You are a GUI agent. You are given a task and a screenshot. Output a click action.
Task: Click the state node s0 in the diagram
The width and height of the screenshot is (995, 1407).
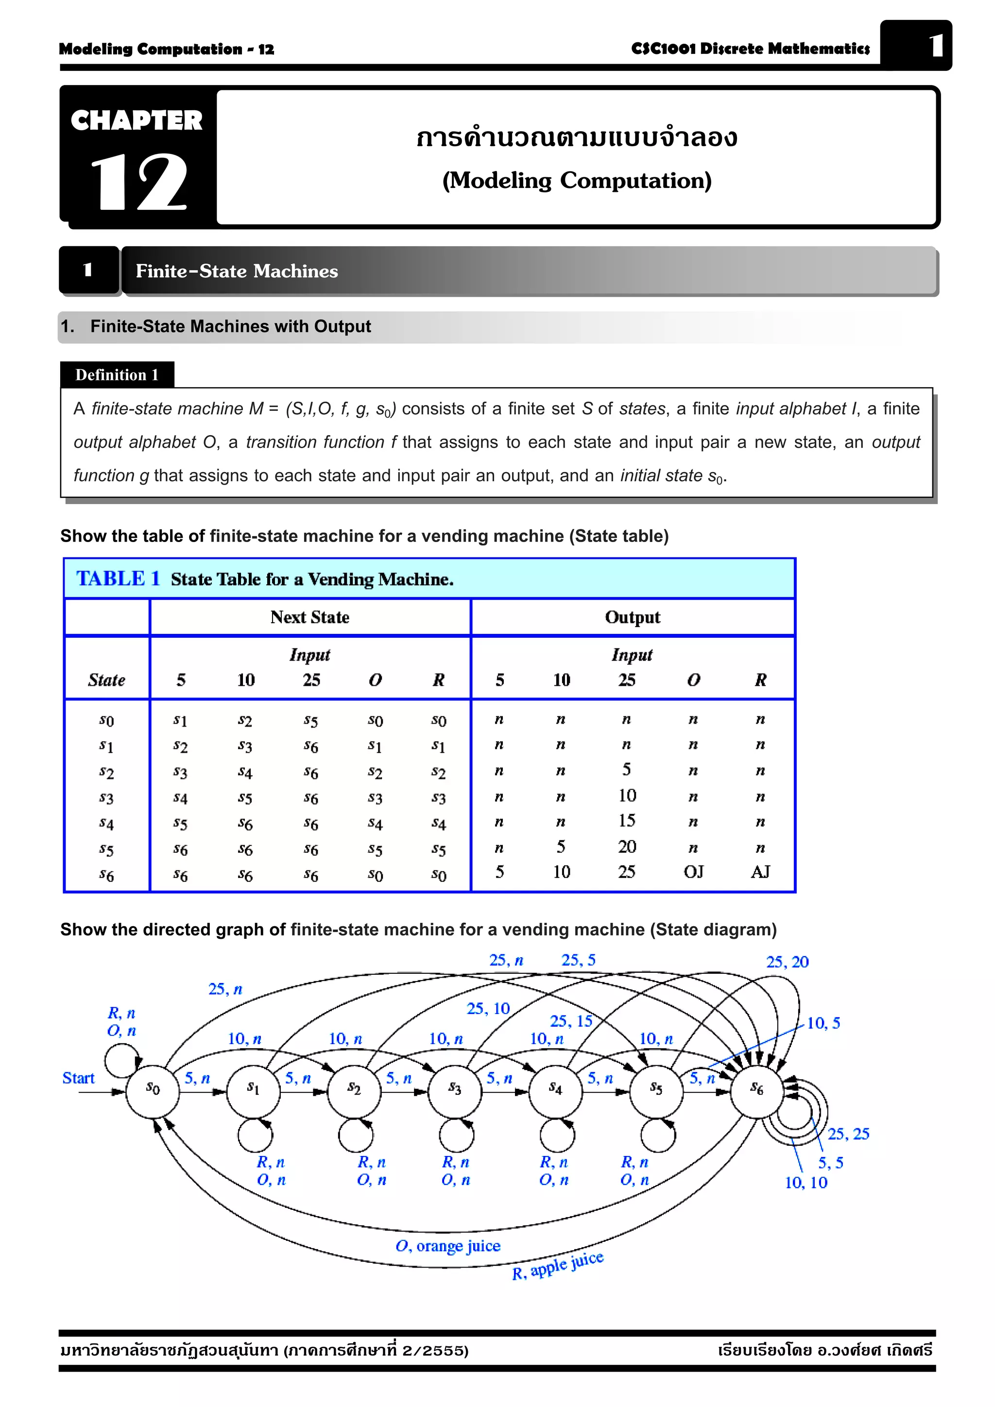[152, 1091]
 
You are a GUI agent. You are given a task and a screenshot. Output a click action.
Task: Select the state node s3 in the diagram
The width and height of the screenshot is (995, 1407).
[455, 1091]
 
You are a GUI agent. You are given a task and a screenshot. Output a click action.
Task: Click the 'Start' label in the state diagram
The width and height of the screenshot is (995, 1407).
[79, 1078]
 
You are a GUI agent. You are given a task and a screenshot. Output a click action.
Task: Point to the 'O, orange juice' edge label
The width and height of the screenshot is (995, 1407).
[447, 1246]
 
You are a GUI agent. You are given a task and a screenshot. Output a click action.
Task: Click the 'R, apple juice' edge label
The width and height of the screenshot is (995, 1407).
[558, 1266]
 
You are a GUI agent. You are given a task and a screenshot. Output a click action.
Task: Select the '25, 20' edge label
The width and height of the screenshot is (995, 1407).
[787, 962]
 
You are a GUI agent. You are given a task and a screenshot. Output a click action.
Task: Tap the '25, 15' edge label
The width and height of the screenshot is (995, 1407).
[571, 1021]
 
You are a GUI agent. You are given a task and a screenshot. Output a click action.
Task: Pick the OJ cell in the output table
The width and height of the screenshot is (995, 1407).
[693, 871]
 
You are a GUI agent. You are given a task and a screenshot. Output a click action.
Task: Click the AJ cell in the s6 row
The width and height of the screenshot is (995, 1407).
[760, 871]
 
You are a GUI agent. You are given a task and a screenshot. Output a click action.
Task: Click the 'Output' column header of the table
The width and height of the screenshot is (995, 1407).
[632, 617]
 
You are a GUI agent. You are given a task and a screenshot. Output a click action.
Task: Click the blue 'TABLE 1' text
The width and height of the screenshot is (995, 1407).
[118, 578]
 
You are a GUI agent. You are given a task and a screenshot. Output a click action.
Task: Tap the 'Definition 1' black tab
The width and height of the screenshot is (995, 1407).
[117, 374]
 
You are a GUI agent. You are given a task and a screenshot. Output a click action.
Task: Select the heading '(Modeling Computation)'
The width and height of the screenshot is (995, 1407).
[576, 181]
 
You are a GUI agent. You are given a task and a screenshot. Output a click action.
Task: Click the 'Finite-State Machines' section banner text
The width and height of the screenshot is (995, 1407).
[237, 271]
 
